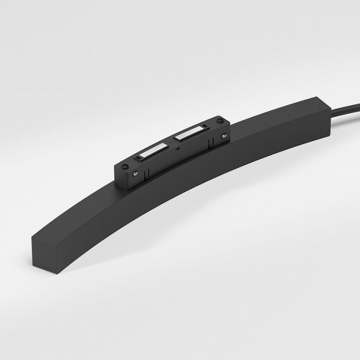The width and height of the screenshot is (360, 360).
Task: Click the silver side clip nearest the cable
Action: coord(224,136)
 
